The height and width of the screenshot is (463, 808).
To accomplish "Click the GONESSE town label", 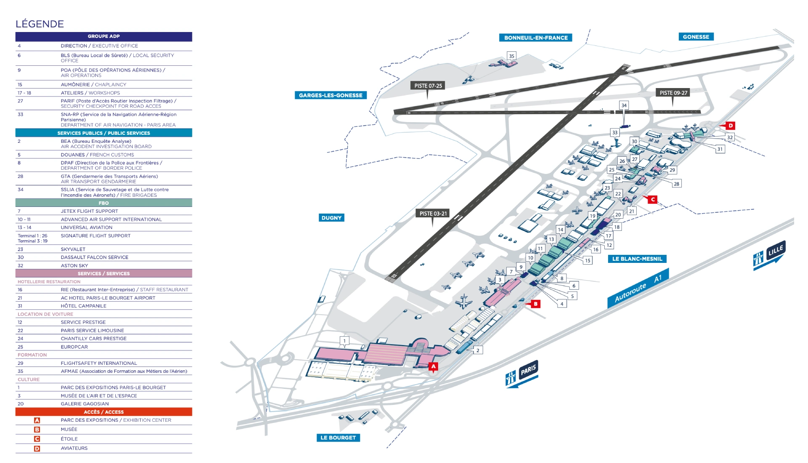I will (x=696, y=37).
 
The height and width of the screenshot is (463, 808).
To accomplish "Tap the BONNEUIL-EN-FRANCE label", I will (x=536, y=37).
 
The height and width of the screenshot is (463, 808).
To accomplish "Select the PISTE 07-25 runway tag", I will (x=428, y=86).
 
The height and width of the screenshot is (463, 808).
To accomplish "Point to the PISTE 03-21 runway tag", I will (x=433, y=213).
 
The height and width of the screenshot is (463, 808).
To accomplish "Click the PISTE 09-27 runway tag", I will (x=673, y=93).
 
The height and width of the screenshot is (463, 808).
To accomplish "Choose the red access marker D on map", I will (x=731, y=126).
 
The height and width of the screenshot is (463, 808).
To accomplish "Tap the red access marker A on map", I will (x=433, y=367).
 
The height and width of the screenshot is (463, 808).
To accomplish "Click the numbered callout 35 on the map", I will (x=511, y=56).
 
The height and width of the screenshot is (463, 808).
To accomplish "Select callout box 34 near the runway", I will (x=624, y=105).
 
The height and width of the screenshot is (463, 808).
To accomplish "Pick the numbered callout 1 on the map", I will (x=345, y=341).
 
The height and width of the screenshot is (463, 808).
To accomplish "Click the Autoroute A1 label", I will (x=638, y=288).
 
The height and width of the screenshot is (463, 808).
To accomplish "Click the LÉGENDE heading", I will (x=40, y=24).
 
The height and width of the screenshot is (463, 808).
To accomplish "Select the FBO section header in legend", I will (x=104, y=203).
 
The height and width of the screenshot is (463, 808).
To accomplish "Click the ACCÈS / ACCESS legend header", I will (x=104, y=412).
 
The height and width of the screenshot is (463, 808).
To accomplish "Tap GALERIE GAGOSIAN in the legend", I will (x=85, y=404).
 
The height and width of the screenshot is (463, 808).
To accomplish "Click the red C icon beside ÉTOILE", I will (x=37, y=439).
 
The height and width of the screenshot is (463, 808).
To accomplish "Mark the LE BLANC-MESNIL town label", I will (x=637, y=259).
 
